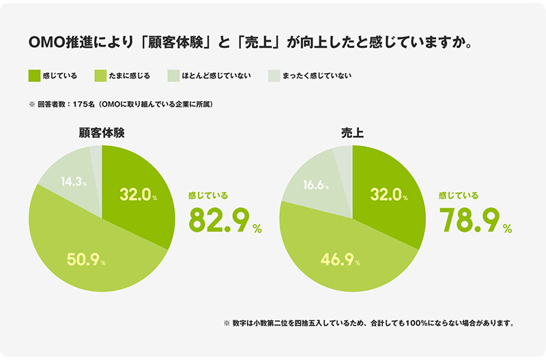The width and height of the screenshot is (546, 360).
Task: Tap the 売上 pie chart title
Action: click(352, 134)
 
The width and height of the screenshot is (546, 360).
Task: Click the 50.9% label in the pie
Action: click(83, 259)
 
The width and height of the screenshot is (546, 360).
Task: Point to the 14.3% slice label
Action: click(73, 182)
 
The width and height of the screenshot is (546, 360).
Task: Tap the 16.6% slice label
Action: click(317, 185)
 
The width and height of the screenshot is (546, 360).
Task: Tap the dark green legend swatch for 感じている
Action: click(35, 76)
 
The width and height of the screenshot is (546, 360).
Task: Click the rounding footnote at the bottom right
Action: click(368, 322)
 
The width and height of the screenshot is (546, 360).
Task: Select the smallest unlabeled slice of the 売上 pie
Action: click(343, 155)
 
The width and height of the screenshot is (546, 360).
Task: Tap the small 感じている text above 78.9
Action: click(458, 195)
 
